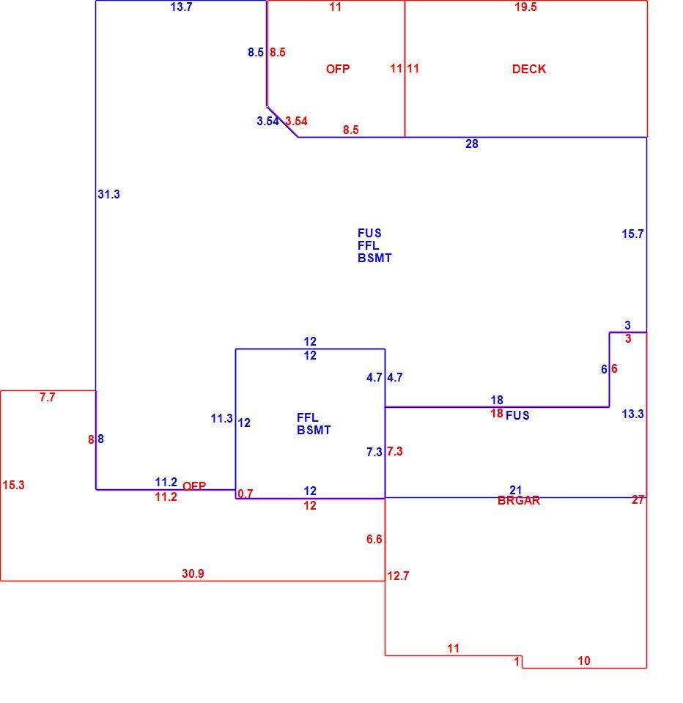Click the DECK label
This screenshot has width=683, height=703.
[529, 69]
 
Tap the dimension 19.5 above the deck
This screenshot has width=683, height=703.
[525, 7]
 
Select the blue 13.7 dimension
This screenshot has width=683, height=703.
[181, 7]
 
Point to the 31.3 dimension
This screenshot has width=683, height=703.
[108, 194]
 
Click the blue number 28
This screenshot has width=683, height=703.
[472, 144]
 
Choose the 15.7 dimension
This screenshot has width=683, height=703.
[632, 234]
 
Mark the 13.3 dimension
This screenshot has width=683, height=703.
[632, 414]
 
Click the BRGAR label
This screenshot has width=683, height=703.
[519, 501]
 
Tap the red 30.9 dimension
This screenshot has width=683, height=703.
[193, 573]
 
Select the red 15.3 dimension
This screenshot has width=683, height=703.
[13, 485]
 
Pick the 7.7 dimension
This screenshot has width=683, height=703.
[47, 397]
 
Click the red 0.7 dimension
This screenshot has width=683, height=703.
[245, 494]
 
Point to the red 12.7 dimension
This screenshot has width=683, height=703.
[398, 576]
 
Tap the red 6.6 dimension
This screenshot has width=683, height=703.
[374, 539]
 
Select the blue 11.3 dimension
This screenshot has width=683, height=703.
[222, 418]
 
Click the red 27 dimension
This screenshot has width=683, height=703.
[638, 500]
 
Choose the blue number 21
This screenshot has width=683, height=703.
[516, 490]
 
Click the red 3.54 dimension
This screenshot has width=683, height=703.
[296, 121]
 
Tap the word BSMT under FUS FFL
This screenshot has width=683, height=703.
[374, 258]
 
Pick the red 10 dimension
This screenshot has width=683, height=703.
[584, 661]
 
